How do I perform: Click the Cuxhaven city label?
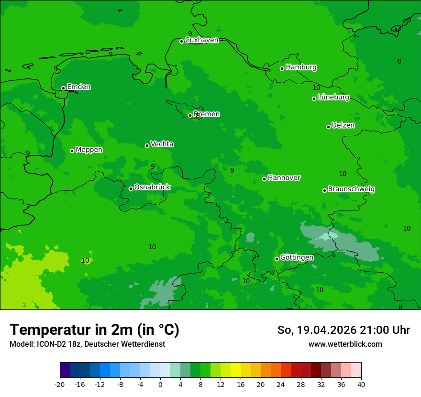(x=201, y=40)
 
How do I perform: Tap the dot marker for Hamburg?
(x=282, y=68)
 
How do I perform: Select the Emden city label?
(x=78, y=87)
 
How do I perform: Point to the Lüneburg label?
(x=333, y=98)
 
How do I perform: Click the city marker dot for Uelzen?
(x=329, y=127)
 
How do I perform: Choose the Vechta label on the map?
(x=162, y=144)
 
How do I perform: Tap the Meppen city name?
(x=89, y=150)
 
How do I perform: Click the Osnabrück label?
(x=152, y=187)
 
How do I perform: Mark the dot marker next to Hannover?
(x=264, y=179)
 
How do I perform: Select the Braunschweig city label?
(x=351, y=189)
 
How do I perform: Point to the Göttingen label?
(x=297, y=258)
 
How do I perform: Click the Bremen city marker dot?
(x=190, y=115)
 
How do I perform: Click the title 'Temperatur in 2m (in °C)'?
(x=94, y=330)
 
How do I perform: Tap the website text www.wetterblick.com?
(x=345, y=344)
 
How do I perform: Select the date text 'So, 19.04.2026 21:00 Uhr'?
(x=343, y=330)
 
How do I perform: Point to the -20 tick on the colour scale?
(x=60, y=384)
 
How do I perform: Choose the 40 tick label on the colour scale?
(x=361, y=384)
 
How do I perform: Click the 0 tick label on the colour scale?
(x=160, y=384)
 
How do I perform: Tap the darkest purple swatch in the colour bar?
(x=65, y=370)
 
